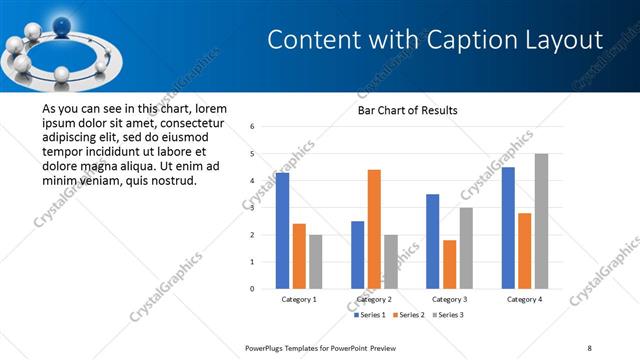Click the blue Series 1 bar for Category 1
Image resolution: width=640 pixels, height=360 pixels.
click(x=282, y=231)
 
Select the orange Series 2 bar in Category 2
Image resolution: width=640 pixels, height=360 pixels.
click(x=374, y=229)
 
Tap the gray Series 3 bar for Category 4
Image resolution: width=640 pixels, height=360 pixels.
click(x=541, y=221)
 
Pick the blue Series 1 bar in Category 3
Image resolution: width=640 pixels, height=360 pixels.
click(x=432, y=241)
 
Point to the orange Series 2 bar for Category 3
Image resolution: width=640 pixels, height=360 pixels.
click(x=449, y=264)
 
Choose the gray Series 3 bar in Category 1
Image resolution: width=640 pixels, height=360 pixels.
click(x=316, y=261)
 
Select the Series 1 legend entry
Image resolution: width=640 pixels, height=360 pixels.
click(x=369, y=315)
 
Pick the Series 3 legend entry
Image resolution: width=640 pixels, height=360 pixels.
click(x=448, y=315)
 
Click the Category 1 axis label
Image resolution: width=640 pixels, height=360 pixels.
click(x=299, y=299)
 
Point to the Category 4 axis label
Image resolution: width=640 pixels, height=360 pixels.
click(x=524, y=299)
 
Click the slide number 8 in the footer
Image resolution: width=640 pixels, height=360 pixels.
click(x=589, y=347)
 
